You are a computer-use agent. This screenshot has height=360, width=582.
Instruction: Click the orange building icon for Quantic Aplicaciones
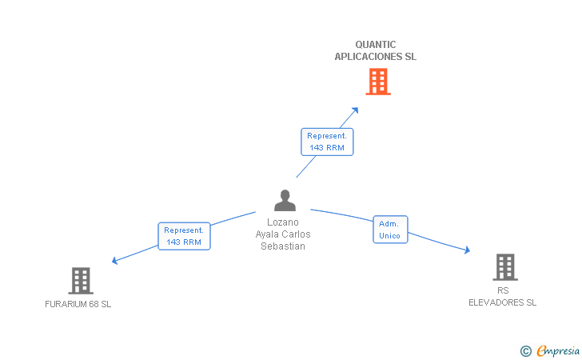pyautogui.click(x=378, y=82)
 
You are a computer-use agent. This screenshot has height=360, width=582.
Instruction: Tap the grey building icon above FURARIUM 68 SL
pyautogui.click(x=81, y=281)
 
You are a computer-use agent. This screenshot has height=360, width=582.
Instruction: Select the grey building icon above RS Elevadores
pyautogui.click(x=505, y=267)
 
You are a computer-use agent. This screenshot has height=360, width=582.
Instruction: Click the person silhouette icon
pyautogui.click(x=285, y=200)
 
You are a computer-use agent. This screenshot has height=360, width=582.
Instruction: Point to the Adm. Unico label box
pyautogui.click(x=390, y=230)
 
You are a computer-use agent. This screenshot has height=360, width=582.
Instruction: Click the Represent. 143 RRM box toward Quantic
pyautogui.click(x=327, y=142)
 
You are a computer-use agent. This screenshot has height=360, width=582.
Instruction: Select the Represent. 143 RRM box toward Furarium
pyautogui.click(x=184, y=236)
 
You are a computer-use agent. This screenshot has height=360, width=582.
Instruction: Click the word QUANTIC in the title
pyautogui.click(x=376, y=45)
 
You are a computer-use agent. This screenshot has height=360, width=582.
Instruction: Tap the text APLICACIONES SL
pyautogui.click(x=375, y=57)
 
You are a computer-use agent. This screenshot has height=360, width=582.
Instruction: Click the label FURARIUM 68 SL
pyautogui.click(x=78, y=304)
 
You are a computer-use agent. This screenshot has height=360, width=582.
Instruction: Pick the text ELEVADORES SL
pyautogui.click(x=502, y=302)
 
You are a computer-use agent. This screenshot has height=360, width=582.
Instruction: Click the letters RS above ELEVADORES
pyautogui.click(x=503, y=290)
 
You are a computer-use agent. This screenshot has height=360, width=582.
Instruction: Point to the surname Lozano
pyautogui.click(x=283, y=222)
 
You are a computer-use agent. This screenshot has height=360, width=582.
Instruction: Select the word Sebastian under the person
pyautogui.click(x=283, y=246)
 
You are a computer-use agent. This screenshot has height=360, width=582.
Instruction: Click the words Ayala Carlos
pyautogui.click(x=283, y=234)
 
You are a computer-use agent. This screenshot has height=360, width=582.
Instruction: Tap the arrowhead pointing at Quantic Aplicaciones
pyautogui.click(x=355, y=110)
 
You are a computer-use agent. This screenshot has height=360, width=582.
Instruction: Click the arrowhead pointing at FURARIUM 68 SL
pyautogui.click(x=114, y=261)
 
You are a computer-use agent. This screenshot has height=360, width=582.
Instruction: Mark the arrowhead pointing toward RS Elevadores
pyautogui.click(x=468, y=250)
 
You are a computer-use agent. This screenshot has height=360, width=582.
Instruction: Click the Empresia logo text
pyautogui.click(x=558, y=350)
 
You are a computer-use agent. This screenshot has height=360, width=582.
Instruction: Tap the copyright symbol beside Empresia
pyautogui.click(x=525, y=351)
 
